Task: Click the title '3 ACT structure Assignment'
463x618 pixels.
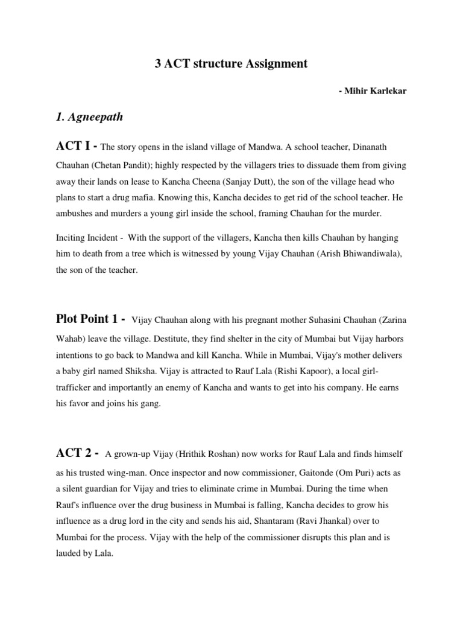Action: (231, 63)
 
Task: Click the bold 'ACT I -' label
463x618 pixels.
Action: (77, 145)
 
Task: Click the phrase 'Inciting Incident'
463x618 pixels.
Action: (86, 238)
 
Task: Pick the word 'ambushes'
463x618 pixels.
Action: (78, 213)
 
